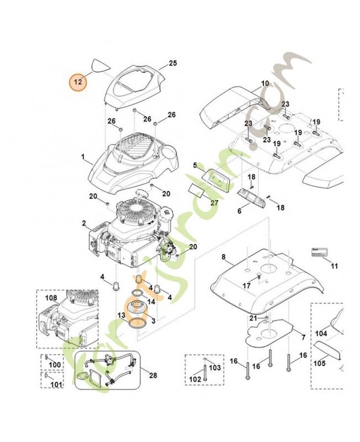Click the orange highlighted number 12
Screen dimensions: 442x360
coord(78,82)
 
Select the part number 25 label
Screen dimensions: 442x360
coord(173,64)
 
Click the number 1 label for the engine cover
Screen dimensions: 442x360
coord(83,157)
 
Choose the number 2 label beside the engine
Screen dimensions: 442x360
coord(83,224)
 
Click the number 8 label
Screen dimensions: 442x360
coord(223,257)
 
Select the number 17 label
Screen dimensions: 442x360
coord(247,286)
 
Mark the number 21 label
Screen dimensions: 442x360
coord(253,318)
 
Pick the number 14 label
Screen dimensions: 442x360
coord(151,302)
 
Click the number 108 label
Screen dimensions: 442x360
coord(51,298)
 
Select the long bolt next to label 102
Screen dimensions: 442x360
coord(204,373)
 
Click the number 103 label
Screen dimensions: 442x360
coord(215,367)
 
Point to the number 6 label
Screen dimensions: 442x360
coord(240,211)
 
